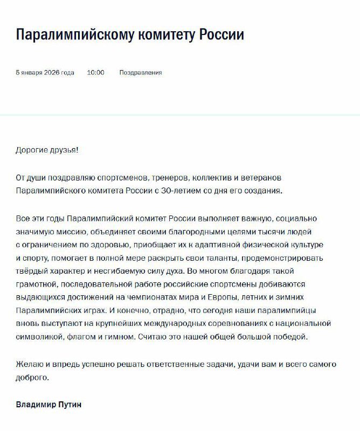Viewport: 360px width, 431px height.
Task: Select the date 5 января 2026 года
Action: (45, 72)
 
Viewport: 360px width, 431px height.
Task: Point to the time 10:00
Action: (95, 72)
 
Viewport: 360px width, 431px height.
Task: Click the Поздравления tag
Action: (141, 72)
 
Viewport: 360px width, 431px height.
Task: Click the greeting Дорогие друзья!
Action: (47, 149)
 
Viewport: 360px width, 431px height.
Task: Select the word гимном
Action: (122, 337)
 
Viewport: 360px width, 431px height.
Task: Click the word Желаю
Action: (29, 364)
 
